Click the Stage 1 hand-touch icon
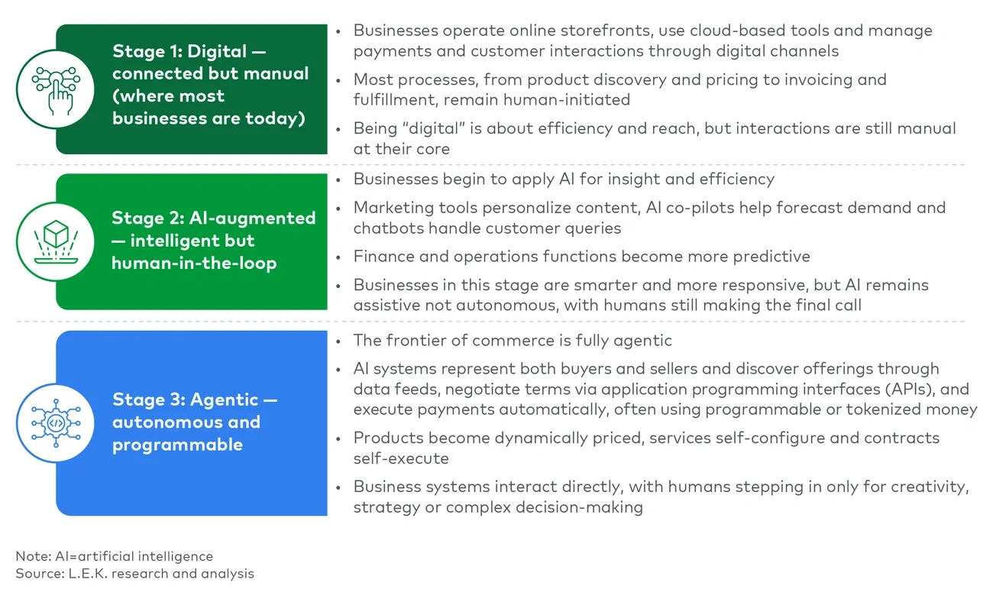click(56, 89)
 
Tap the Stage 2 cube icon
click(56, 241)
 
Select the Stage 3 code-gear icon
click(56, 423)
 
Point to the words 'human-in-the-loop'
click(194, 263)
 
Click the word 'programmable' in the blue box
click(178, 445)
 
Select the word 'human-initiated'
click(567, 100)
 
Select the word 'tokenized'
click(884, 409)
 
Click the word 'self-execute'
click(401, 458)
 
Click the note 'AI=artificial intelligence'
click(134, 556)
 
